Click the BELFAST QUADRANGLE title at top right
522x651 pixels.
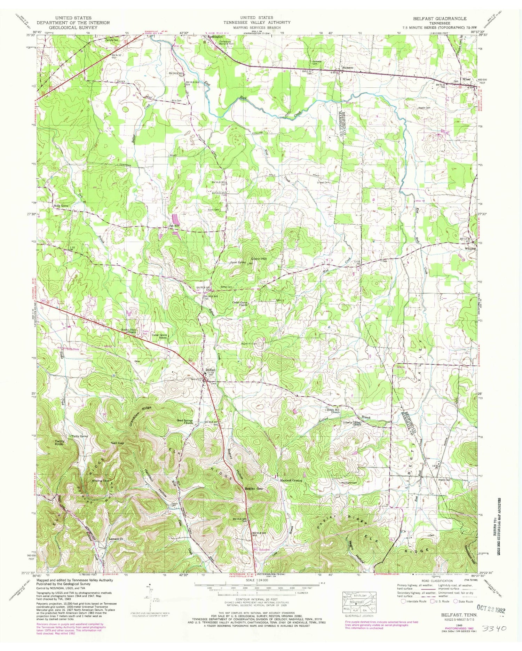[x=440, y=18]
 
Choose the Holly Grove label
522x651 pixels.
[x=61, y=206]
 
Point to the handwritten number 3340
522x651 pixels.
[x=494, y=629]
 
